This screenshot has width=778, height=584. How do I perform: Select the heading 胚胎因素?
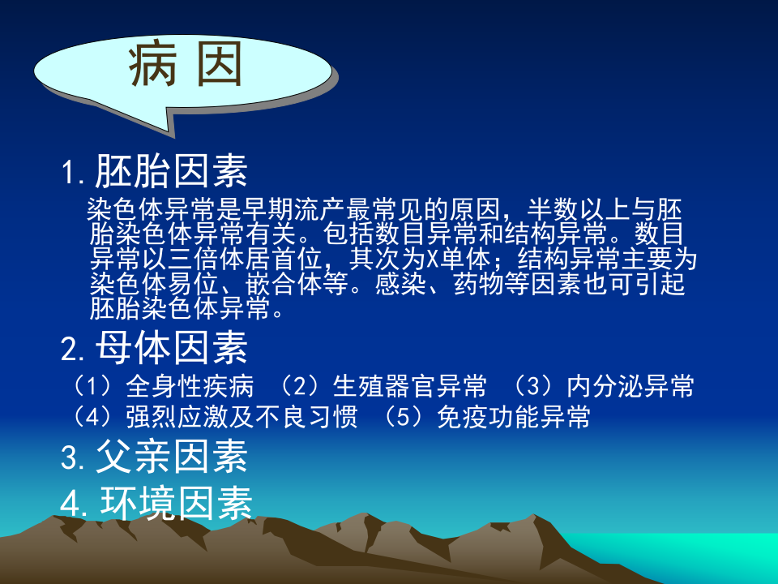(171, 171)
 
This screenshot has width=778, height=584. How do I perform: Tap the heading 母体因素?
(171, 350)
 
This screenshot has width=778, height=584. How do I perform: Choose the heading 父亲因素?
(171, 457)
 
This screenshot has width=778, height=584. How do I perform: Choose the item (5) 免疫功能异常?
(486, 417)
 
